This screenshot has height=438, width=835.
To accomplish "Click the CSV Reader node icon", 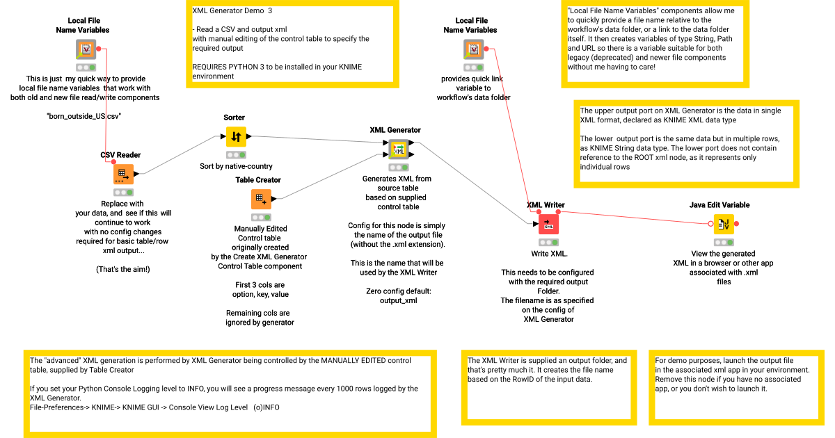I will click(123, 174).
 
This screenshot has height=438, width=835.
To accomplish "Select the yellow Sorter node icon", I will click(236, 136).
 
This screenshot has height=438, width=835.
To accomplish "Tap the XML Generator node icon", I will click(399, 149).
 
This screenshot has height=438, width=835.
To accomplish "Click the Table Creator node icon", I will click(261, 199).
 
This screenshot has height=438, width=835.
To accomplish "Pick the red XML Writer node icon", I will click(548, 224).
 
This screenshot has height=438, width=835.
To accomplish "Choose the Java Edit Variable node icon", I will click(724, 224).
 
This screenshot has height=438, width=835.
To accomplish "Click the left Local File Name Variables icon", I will click(86, 49).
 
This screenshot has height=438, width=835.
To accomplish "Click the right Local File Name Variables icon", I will click(473, 49).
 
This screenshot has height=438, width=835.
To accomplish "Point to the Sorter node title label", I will click(234, 117).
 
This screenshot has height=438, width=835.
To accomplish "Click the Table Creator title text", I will click(258, 180).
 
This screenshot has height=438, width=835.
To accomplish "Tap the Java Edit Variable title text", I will click(719, 205).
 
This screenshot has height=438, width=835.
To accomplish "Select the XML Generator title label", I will click(395, 130).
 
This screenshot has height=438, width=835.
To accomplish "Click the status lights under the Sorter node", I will click(236, 155).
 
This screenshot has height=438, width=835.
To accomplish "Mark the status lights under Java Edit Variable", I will click(724, 242).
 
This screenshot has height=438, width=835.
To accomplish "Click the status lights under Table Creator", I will click(261, 218).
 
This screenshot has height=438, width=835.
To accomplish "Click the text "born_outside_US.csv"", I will click(83, 116).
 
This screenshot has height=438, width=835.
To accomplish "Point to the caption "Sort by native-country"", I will click(236, 166).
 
